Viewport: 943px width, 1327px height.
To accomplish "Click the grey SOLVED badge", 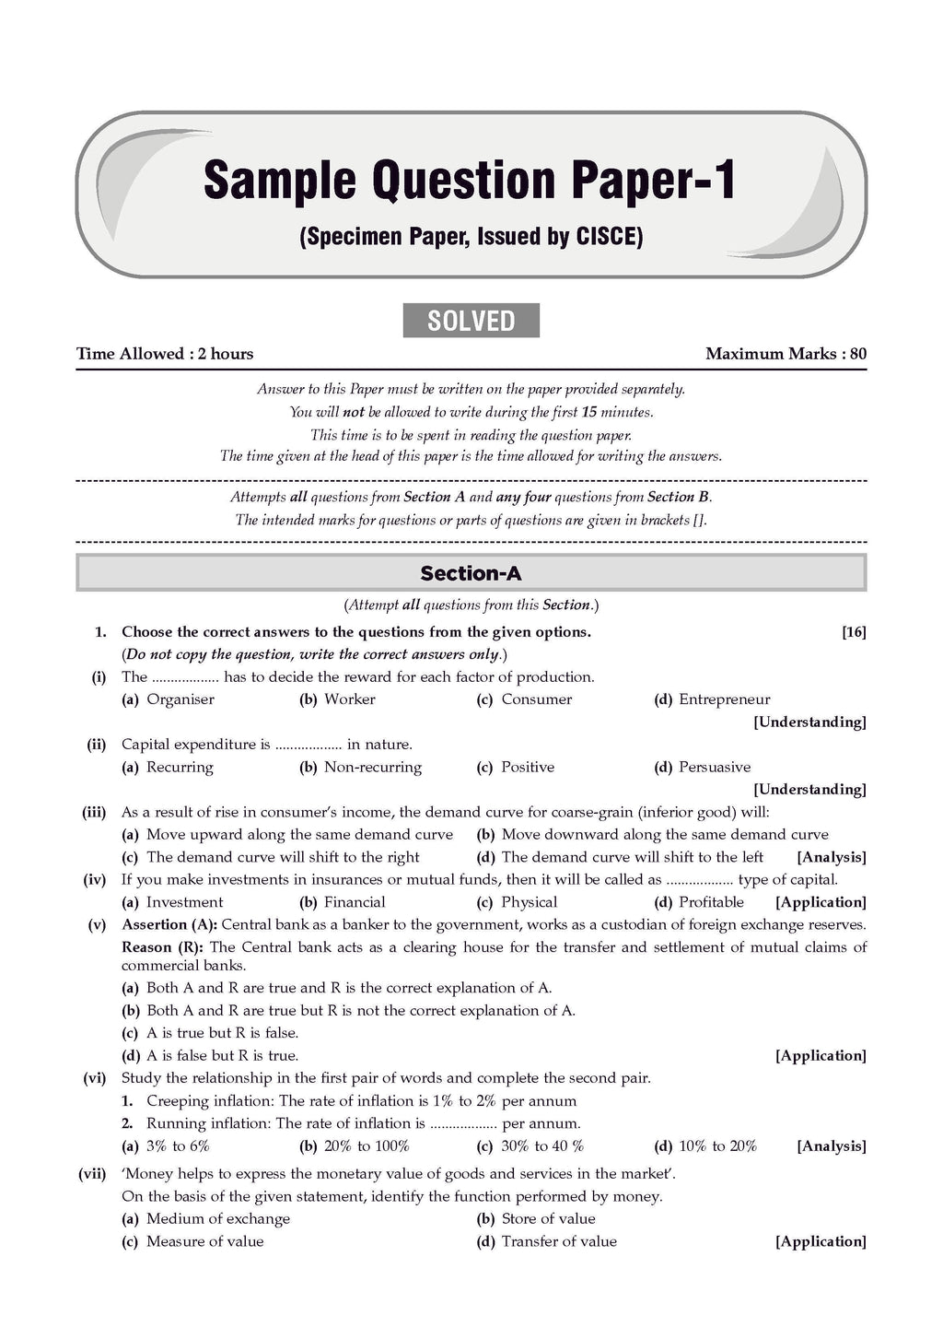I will pyautogui.click(x=471, y=321).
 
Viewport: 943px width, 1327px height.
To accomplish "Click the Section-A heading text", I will pyautogui.click(x=471, y=573).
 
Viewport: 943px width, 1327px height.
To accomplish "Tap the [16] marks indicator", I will pyautogui.click(x=854, y=632).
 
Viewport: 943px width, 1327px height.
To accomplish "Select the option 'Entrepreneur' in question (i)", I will pyautogui.click(x=724, y=699).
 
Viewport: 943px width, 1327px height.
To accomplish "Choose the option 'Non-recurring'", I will pyautogui.click(x=372, y=767).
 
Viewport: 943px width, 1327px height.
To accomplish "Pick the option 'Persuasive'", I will pyautogui.click(x=714, y=767).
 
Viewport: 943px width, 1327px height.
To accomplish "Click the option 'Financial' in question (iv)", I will pyautogui.click(x=355, y=902).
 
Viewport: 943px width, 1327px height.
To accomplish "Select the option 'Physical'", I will pyautogui.click(x=529, y=902).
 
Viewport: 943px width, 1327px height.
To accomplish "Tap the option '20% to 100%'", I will pyautogui.click(x=367, y=1146).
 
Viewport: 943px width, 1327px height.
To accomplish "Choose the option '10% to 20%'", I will pyautogui.click(x=717, y=1146).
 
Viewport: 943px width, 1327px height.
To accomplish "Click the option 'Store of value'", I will pyautogui.click(x=548, y=1218).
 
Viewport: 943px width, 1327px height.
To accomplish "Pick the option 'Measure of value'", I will pyautogui.click(x=204, y=1241).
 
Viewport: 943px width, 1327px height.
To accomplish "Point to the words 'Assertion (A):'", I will pyautogui.click(x=169, y=924).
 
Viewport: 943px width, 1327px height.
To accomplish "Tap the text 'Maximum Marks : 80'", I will pyautogui.click(x=786, y=354).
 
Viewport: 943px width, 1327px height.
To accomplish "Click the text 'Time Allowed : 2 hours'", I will pyautogui.click(x=165, y=354).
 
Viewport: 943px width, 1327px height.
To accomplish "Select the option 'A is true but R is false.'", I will pyautogui.click(x=222, y=1033).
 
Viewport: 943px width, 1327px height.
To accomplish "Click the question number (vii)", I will pyautogui.click(x=92, y=1174).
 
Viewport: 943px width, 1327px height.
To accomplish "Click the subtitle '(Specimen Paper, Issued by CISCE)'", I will pyautogui.click(x=471, y=237).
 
